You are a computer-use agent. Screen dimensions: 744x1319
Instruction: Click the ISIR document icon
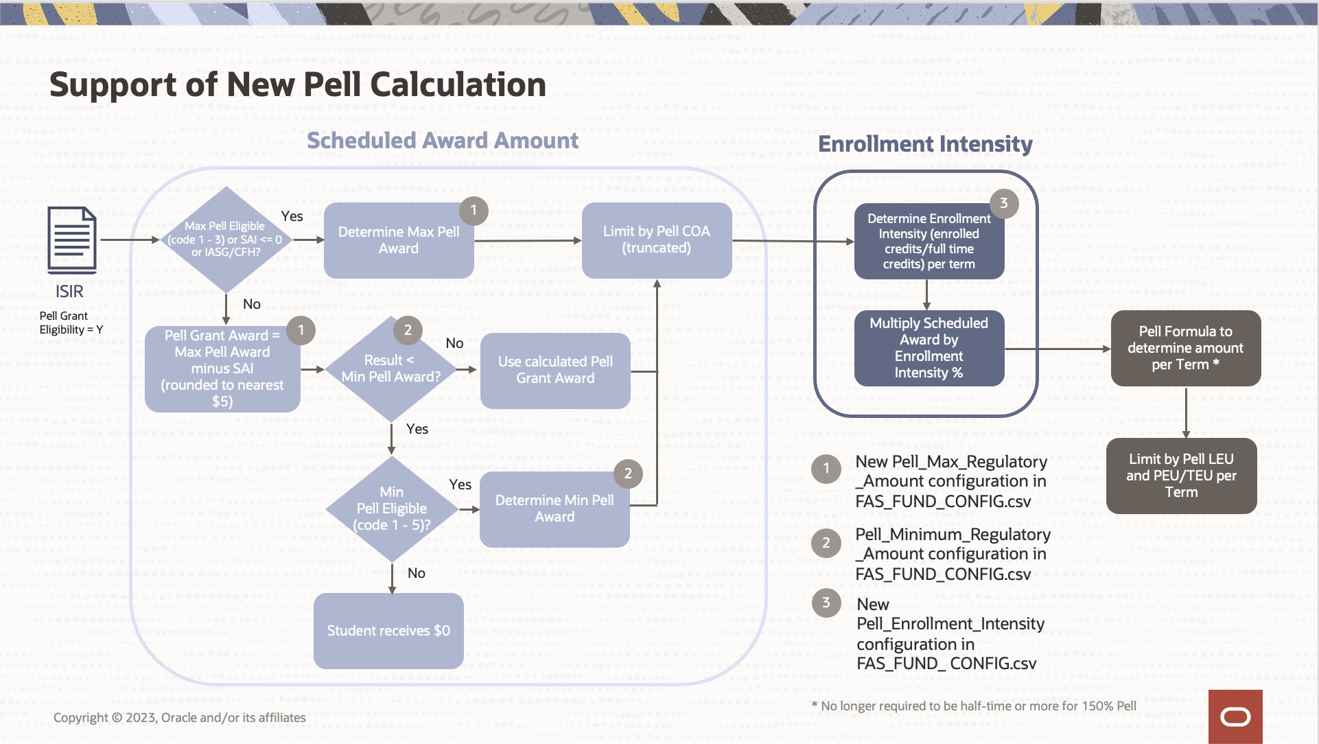tap(71, 240)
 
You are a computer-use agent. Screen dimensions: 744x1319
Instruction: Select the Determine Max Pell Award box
tap(398, 241)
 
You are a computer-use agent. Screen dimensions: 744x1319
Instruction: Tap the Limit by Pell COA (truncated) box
tap(656, 240)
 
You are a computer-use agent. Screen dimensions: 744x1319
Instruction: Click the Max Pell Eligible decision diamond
tap(226, 240)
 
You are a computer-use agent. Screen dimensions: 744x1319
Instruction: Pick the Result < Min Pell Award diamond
tap(390, 369)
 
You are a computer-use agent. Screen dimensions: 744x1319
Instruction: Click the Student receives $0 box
tap(388, 630)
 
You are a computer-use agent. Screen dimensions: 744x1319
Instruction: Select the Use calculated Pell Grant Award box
tap(555, 370)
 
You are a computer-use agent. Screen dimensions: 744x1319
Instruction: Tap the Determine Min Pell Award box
tap(555, 509)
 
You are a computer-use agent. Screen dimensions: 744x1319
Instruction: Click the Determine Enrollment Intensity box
tap(929, 242)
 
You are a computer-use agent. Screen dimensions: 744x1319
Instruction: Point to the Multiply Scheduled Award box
tap(929, 348)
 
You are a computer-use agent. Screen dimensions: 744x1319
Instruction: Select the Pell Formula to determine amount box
tap(1185, 348)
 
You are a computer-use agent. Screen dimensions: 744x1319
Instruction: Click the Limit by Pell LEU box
tap(1181, 476)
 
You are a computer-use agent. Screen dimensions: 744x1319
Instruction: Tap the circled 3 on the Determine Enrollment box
tap(1003, 203)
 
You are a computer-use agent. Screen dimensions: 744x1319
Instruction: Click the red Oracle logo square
tap(1235, 717)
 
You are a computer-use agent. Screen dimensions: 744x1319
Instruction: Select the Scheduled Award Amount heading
tap(443, 141)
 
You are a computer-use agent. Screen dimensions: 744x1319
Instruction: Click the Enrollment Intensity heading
tap(925, 144)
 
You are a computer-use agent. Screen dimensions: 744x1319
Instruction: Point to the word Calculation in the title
tap(458, 85)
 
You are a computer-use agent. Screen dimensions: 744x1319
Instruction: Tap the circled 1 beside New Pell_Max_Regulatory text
tap(826, 469)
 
